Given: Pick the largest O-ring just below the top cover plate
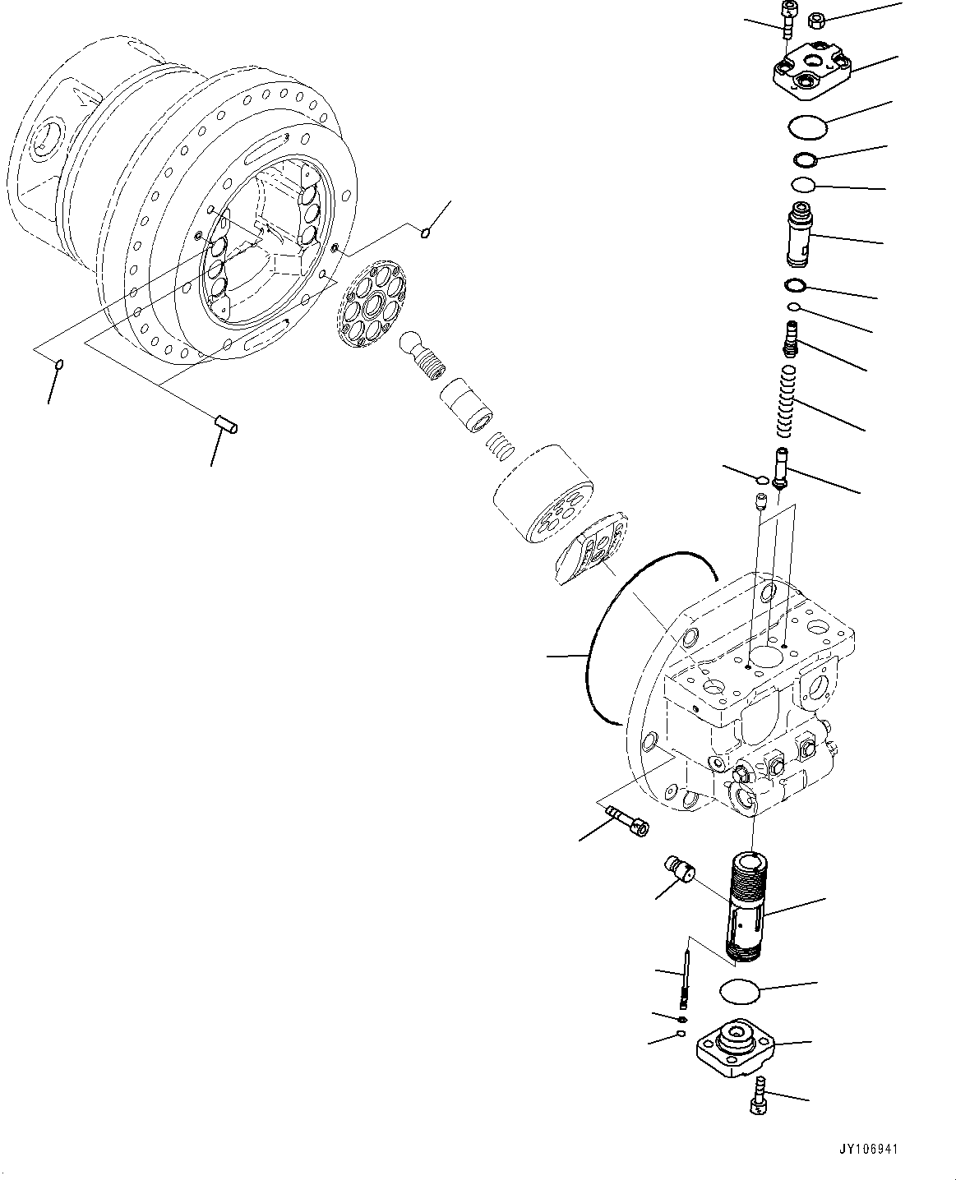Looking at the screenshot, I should coord(806,127).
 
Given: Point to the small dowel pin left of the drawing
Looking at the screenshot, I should coord(225,424).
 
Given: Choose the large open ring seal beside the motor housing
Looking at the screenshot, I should coord(625,633).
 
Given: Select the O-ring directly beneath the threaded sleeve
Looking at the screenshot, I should coord(740,991).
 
